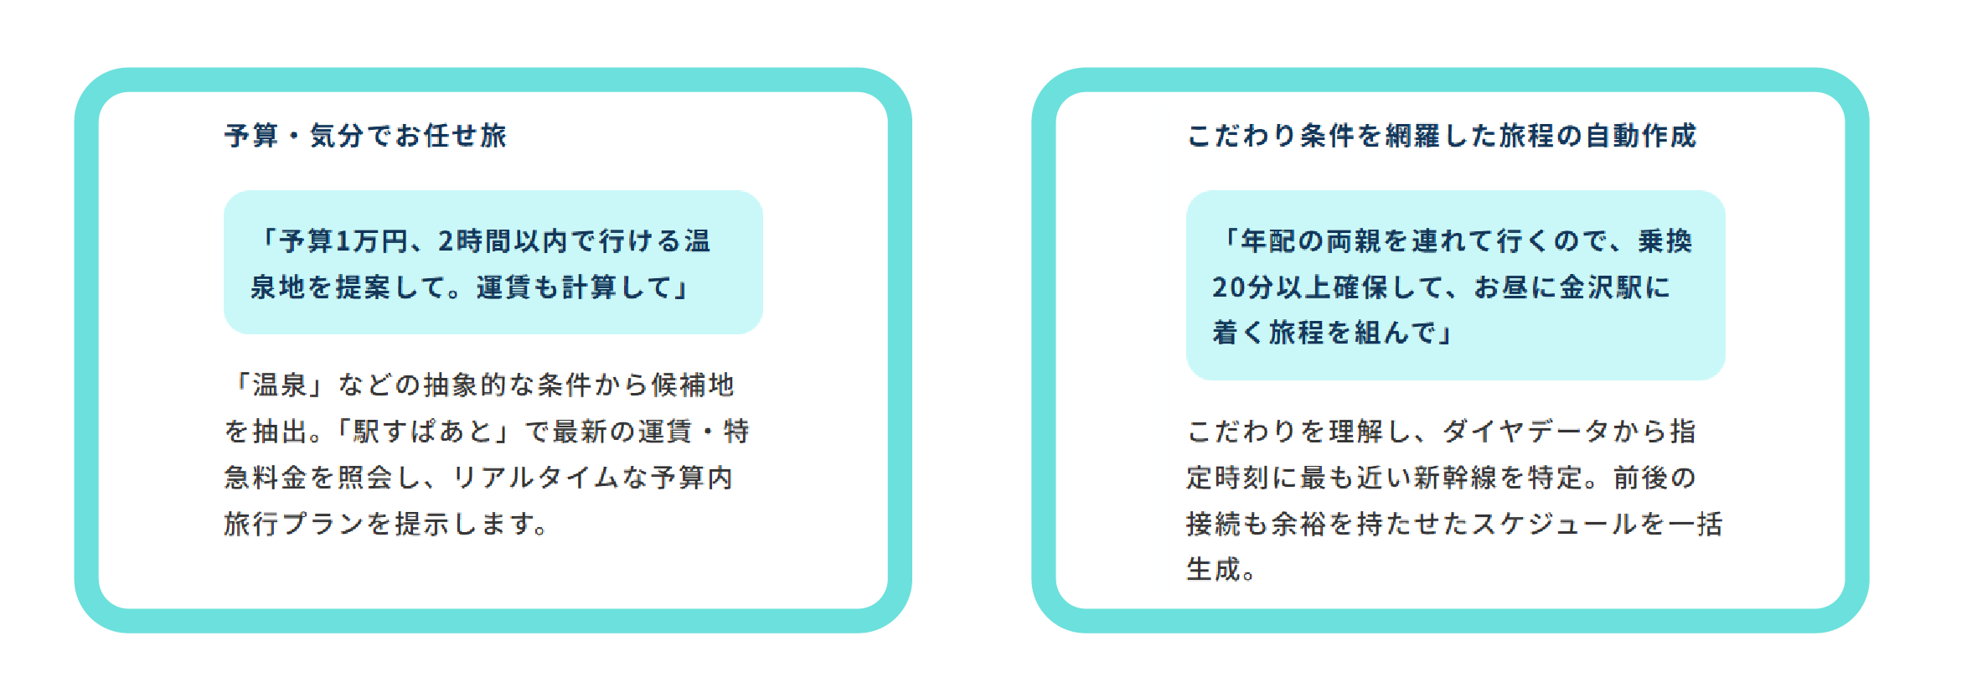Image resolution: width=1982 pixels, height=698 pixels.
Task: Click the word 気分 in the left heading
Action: click(x=338, y=136)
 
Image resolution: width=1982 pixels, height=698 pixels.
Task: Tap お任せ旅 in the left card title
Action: click(x=451, y=136)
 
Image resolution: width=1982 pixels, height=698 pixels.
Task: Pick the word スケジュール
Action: click(x=1555, y=524)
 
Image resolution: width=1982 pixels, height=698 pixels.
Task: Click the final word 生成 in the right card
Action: click(x=1213, y=570)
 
